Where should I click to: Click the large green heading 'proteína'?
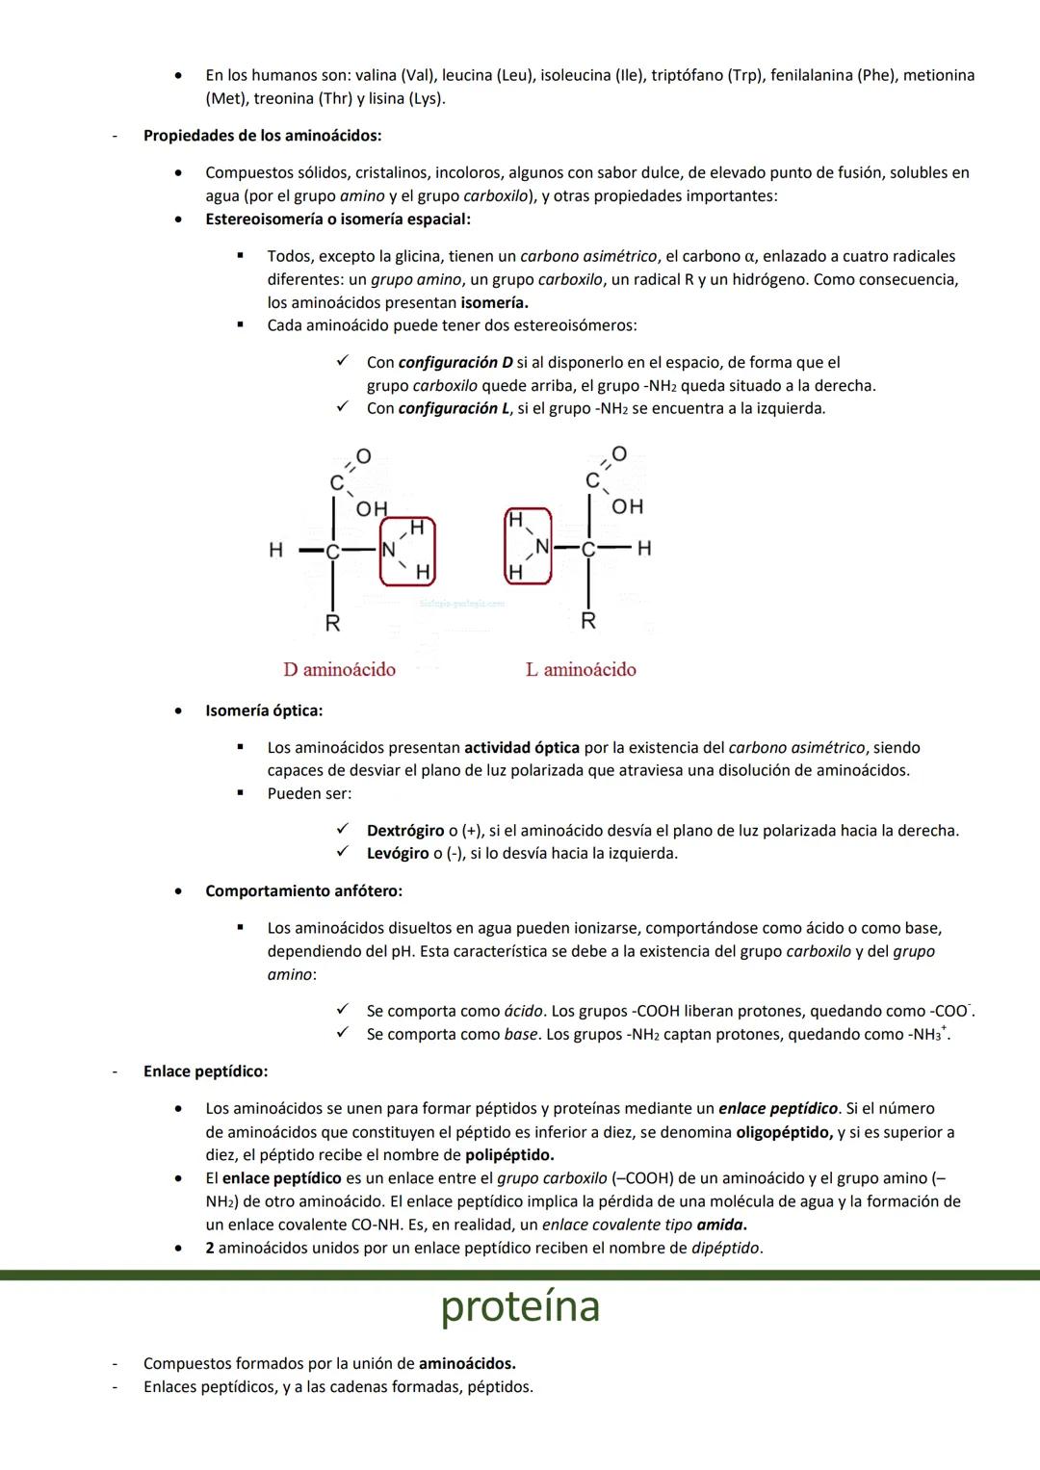(520, 1306)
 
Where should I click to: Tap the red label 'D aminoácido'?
(339, 669)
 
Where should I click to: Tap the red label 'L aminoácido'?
(581, 669)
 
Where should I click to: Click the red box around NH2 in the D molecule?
(407, 551)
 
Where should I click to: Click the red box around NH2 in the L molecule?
(528, 546)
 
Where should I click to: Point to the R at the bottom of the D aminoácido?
(332, 623)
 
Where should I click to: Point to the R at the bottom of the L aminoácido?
(587, 621)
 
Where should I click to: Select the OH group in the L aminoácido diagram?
(627, 506)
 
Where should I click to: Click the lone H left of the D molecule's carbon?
(275, 551)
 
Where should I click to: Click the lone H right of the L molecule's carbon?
(644, 548)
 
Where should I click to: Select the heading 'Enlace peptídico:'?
(205, 1071)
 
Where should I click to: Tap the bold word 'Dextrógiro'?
(405, 831)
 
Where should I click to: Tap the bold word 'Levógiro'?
(398, 854)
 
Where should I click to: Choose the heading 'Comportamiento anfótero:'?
(303, 891)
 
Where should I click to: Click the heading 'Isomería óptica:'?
(264, 711)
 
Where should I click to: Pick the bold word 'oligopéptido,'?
(784, 1132)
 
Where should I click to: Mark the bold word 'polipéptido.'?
(509, 1155)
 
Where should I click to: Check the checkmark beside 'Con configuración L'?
(341, 408)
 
